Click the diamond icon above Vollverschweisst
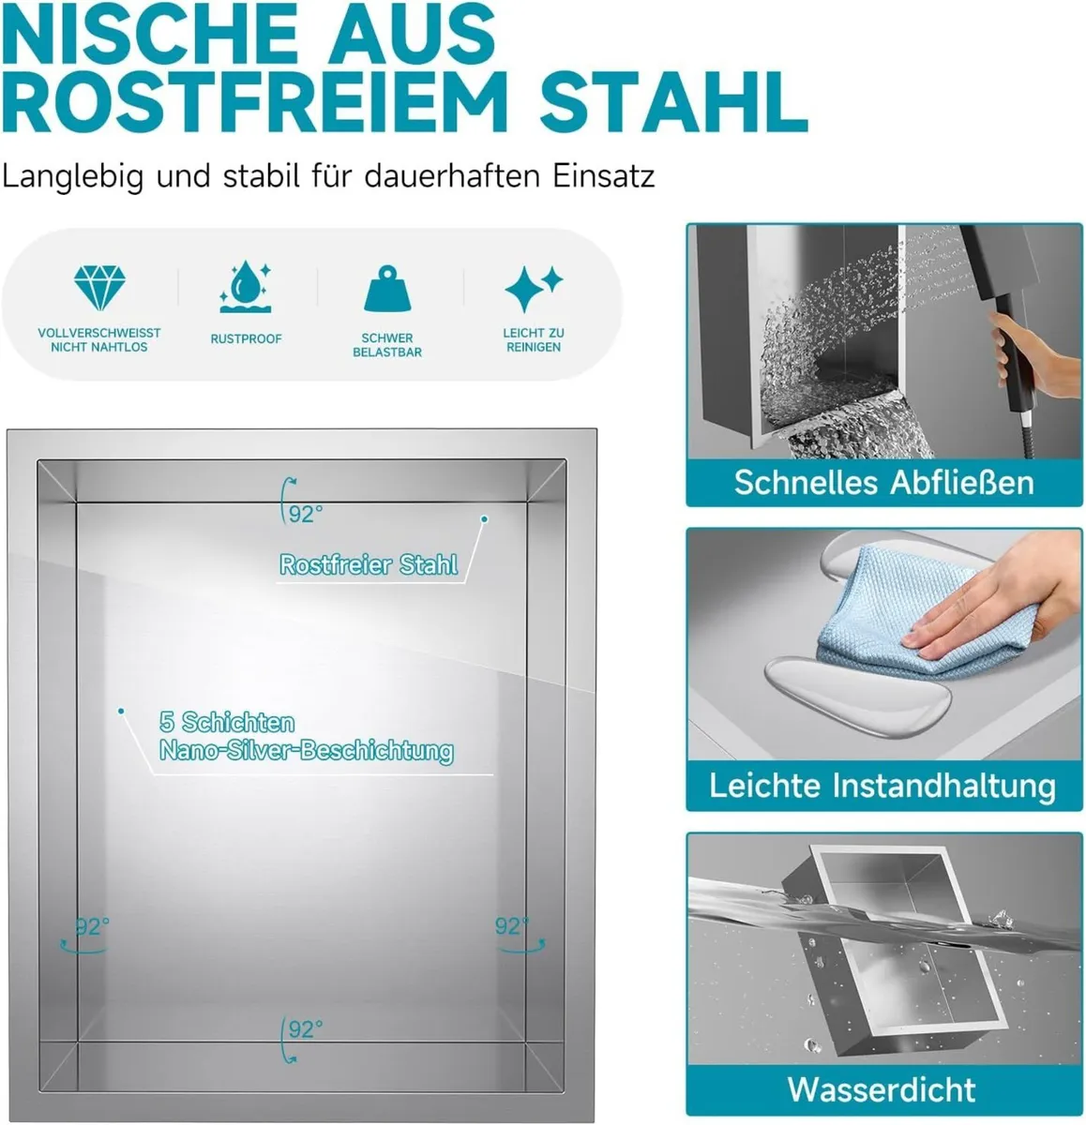98,287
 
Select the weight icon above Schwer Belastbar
386,289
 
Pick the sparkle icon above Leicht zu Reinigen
533,288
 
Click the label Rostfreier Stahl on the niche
369,564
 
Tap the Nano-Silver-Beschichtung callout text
306,750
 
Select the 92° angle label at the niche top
305,514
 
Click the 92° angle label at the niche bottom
305,1029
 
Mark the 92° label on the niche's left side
92,926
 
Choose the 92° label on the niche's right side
512,926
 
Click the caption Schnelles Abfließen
883,482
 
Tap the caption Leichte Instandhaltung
882,785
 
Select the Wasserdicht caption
882,1089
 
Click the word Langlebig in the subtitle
72,176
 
